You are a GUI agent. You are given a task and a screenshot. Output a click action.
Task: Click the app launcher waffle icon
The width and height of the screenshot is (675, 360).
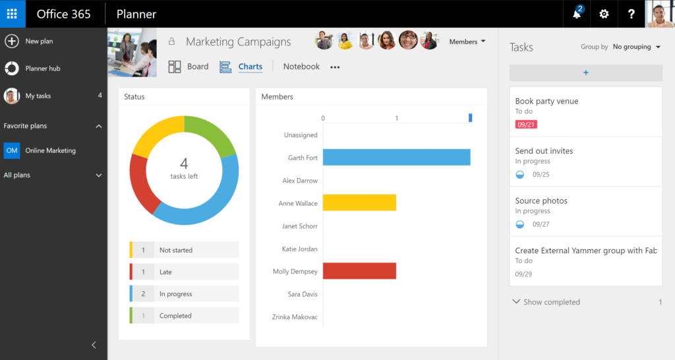(x=12, y=14)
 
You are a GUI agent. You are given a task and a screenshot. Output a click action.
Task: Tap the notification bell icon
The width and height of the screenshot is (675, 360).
(x=577, y=14)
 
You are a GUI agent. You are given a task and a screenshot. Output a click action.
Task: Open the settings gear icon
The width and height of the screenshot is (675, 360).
(x=604, y=14)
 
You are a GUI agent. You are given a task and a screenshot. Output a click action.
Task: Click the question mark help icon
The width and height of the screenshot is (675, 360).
(x=631, y=14)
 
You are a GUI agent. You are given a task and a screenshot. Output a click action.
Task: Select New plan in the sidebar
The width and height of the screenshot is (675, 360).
(x=39, y=42)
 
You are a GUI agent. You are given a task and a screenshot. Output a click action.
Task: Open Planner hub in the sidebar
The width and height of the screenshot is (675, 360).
(x=42, y=69)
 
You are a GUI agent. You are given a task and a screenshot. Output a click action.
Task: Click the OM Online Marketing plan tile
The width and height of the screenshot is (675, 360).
(x=12, y=150)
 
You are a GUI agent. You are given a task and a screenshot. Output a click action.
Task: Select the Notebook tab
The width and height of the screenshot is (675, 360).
(x=301, y=67)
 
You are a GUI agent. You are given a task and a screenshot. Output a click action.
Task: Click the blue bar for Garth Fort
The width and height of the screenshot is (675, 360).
(x=396, y=158)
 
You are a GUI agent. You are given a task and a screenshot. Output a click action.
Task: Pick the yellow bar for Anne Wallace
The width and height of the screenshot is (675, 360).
(x=359, y=203)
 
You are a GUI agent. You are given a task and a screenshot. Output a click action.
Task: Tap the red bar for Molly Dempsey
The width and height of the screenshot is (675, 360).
(x=359, y=271)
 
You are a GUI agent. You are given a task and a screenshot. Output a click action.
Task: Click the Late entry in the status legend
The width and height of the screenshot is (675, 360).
(x=185, y=272)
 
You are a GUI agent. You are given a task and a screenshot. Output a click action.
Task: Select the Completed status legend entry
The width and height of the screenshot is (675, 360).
(x=185, y=316)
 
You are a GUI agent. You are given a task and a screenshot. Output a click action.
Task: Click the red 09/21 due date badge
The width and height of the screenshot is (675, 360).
(x=525, y=125)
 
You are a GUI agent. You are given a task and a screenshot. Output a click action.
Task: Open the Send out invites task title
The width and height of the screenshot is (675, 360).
(x=544, y=151)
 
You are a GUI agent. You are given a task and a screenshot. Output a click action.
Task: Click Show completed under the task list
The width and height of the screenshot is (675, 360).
(x=551, y=302)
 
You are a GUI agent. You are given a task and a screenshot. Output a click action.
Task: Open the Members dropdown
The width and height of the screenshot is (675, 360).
(x=467, y=42)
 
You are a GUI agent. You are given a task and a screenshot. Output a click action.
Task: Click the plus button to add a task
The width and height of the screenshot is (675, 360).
(x=585, y=73)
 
